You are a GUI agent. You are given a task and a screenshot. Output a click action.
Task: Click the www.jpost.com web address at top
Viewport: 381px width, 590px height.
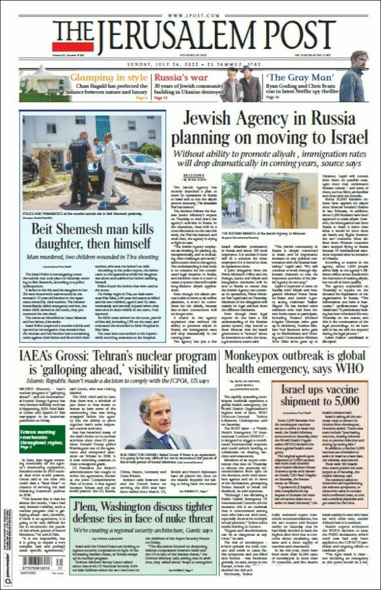point(190,16)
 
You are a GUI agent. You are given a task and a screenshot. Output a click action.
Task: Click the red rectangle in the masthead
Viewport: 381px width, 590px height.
point(73,47)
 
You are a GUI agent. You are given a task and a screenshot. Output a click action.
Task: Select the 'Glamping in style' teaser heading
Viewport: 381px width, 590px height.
point(108,78)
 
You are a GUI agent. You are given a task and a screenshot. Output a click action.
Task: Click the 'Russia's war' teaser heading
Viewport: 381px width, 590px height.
point(174,78)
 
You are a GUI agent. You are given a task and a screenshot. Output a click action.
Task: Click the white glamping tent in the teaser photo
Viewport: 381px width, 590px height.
point(43,82)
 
